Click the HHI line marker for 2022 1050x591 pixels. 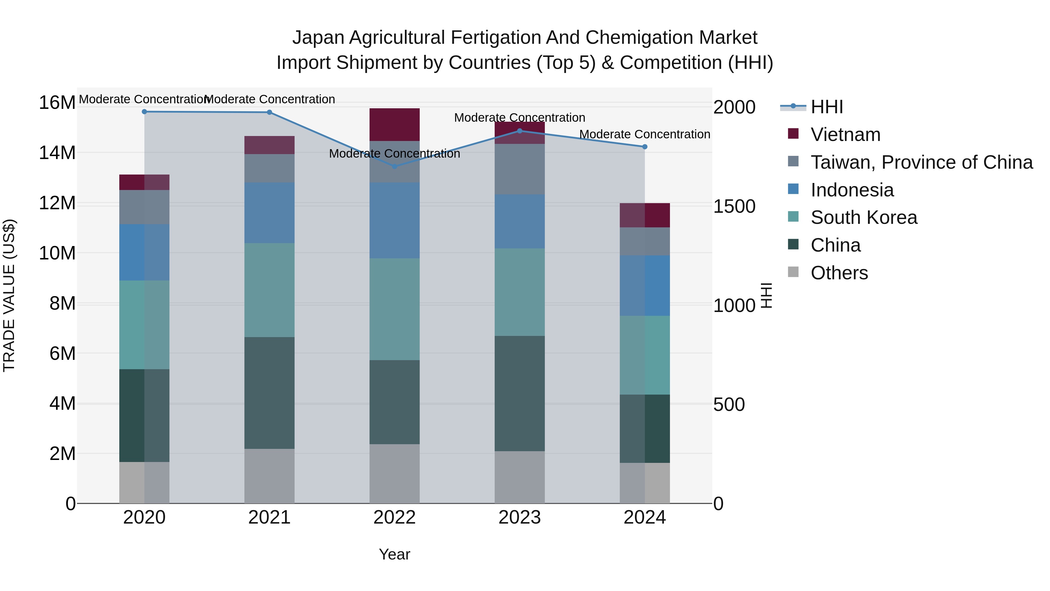[x=394, y=166]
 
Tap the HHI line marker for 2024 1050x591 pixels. [x=644, y=147]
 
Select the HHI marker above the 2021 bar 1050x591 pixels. [x=269, y=112]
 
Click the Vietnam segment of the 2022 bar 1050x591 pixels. [x=394, y=124]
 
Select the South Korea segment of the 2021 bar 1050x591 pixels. [x=269, y=290]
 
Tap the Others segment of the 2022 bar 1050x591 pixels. [x=394, y=474]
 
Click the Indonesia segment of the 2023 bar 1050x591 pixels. [x=519, y=222]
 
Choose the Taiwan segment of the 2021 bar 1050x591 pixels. [x=269, y=168]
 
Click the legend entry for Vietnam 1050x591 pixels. [x=845, y=135]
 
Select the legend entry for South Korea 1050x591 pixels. [x=863, y=217]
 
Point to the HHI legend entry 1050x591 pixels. [x=826, y=107]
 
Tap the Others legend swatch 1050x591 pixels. [x=793, y=272]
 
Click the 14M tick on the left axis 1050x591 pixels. [x=57, y=153]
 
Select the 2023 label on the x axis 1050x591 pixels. [x=519, y=517]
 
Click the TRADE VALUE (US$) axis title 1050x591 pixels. [x=9, y=295]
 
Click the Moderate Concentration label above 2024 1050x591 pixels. [x=644, y=134]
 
